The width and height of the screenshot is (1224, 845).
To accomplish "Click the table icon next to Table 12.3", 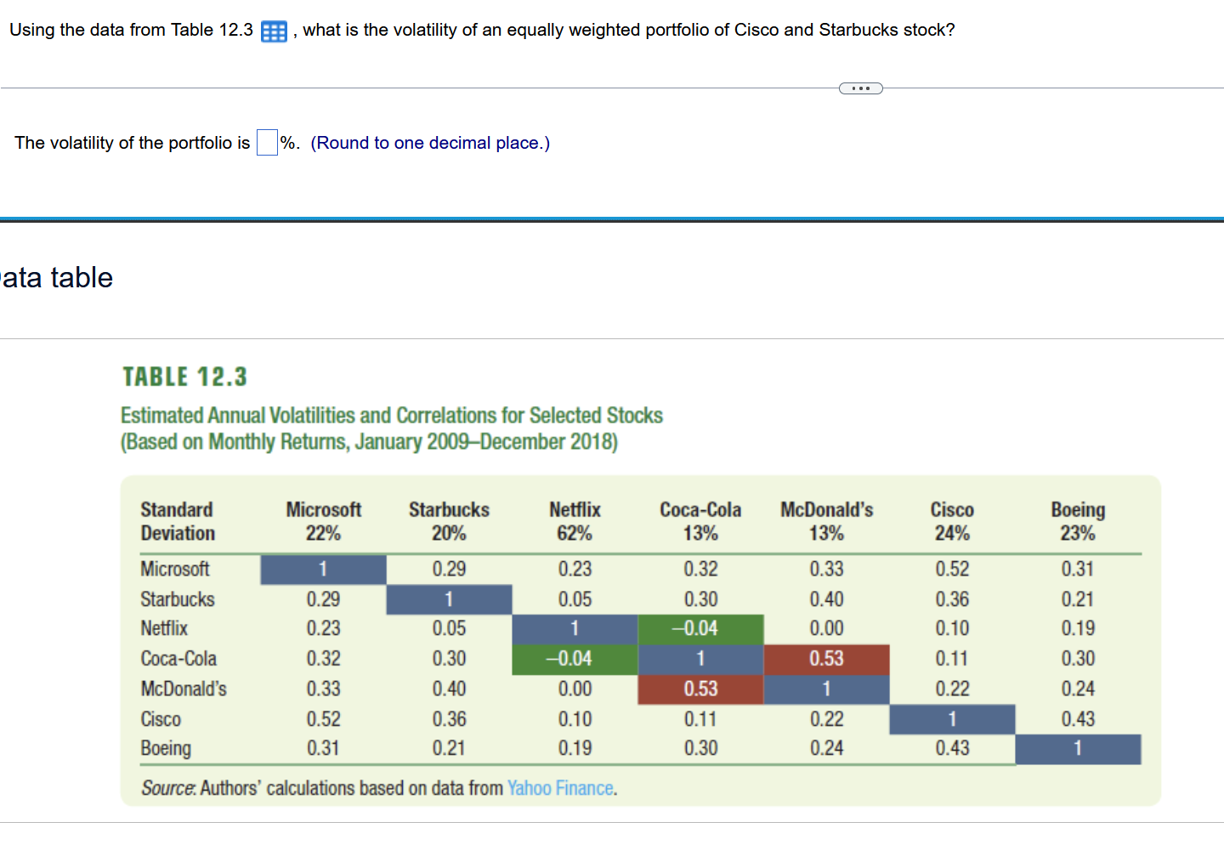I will pos(274,31).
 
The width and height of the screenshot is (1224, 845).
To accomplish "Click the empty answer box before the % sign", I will pos(267,143).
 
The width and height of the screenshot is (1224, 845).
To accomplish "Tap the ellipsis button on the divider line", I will pos(860,88).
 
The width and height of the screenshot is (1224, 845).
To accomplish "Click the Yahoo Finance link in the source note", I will pos(561,788).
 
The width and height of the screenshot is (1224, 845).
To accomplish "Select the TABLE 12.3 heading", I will pos(184,377).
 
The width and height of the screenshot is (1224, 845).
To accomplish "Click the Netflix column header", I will pos(575,510).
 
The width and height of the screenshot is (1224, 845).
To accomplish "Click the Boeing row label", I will pos(166,748).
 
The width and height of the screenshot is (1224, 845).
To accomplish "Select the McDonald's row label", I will pos(184,689).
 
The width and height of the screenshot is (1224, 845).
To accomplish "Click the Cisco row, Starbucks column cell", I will pos(449,719).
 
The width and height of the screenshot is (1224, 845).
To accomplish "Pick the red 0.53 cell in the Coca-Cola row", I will pos(826,659).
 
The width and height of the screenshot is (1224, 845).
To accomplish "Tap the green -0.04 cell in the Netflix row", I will pos(700,628).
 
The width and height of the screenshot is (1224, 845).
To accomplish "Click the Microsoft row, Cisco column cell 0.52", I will pos(952,569).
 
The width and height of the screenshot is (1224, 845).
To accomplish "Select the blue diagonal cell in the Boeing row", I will pos(1078,749).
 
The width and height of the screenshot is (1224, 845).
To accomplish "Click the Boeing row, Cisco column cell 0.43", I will pos(952,748).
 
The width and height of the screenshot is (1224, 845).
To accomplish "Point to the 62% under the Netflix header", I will pos(575,534).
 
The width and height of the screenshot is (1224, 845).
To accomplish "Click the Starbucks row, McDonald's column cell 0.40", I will pos(826,599).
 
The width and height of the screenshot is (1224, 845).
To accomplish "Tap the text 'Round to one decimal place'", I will pos(430,143).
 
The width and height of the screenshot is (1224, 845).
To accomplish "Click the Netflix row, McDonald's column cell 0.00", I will pos(826,628).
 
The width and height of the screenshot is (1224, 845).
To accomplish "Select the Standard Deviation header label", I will pos(178,521).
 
